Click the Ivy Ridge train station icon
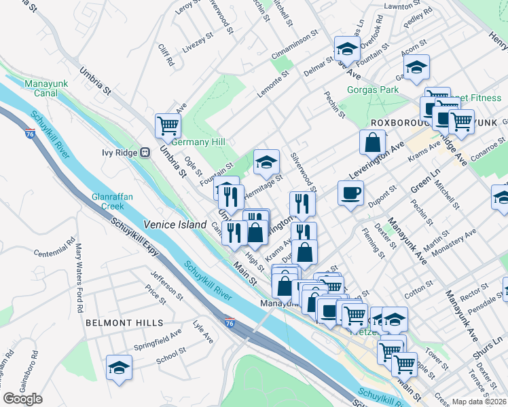click(145, 153)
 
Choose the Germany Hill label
click(198, 142)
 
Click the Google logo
click(22, 398)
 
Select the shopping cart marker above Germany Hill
click(167, 125)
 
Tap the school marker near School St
click(119, 367)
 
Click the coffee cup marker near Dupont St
click(350, 193)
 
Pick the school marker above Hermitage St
click(266, 161)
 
